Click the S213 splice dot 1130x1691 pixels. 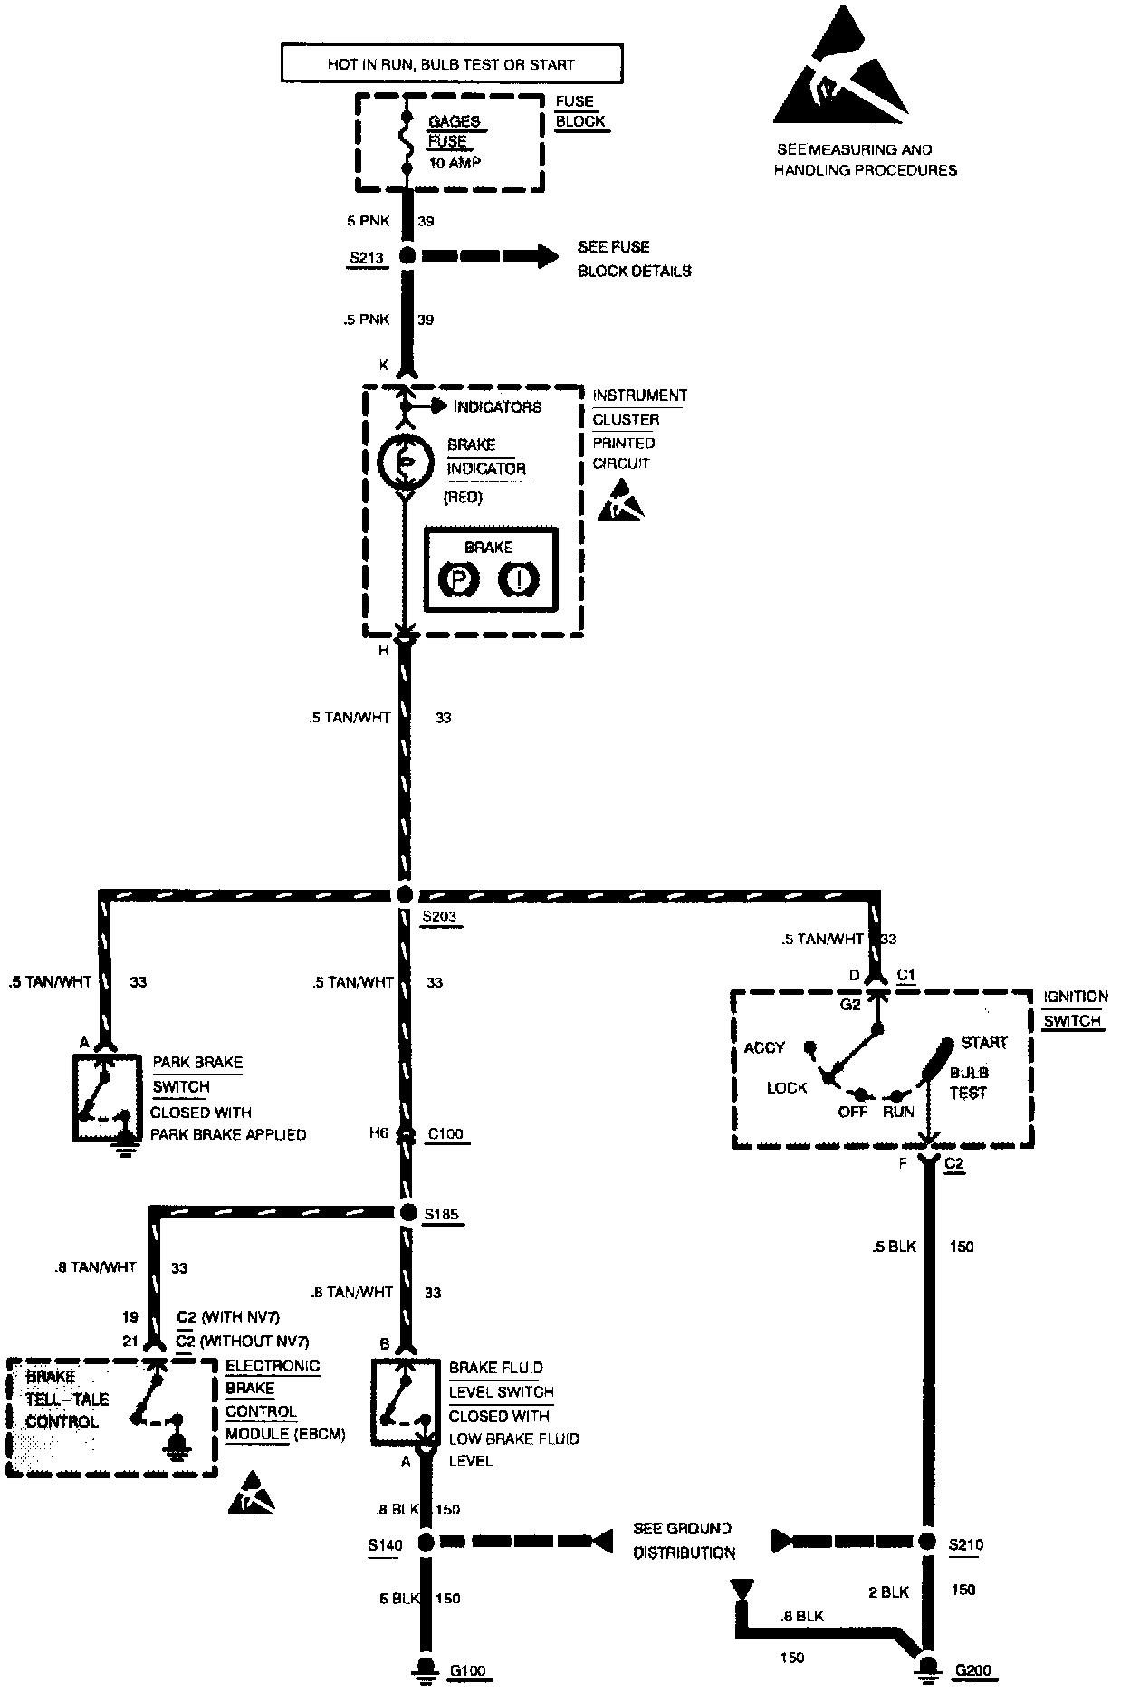(407, 256)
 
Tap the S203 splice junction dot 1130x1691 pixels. (405, 894)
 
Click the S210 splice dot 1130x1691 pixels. (926, 1542)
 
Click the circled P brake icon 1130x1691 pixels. (458, 579)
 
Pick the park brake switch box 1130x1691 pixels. (107, 1097)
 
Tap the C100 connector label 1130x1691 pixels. (447, 1133)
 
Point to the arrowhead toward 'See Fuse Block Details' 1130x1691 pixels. (547, 256)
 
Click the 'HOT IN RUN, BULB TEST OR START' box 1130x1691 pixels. (452, 64)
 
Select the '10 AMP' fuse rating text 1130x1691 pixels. (455, 163)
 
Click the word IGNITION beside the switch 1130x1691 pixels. (1075, 997)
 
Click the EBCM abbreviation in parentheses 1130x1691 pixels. (319, 1435)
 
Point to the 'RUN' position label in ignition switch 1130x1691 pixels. (898, 1112)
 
